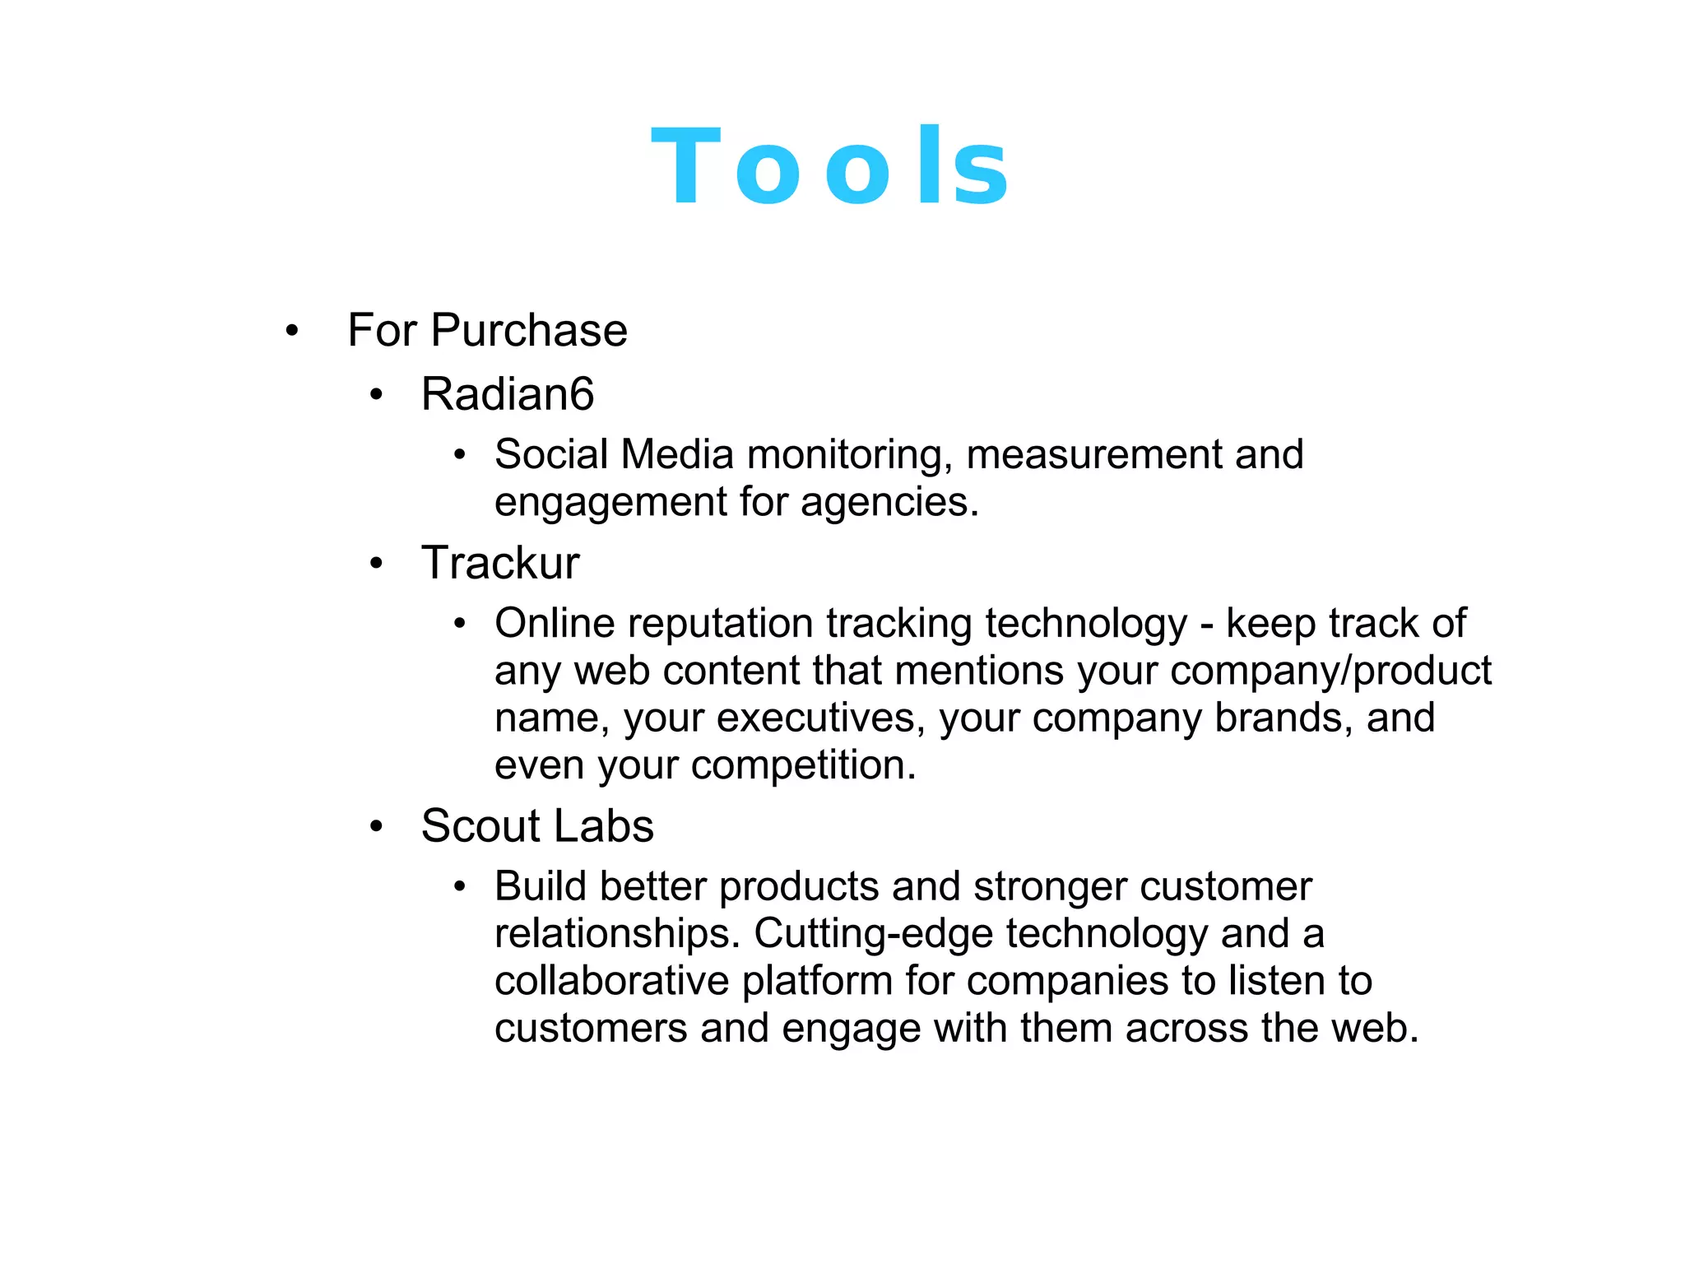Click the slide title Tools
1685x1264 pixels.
pos(829,167)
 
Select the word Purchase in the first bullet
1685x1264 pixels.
pos(529,331)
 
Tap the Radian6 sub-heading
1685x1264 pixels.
pos(507,394)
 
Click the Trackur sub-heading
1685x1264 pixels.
pos(500,564)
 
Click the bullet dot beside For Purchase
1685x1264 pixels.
pos(291,332)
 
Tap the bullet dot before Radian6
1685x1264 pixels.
pos(376,396)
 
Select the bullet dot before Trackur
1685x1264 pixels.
pos(376,565)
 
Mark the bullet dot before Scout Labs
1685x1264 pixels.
pos(376,827)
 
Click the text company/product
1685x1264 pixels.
pos(1330,671)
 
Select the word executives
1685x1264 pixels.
pos(815,718)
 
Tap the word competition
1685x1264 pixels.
pos(803,766)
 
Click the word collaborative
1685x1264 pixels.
pos(611,982)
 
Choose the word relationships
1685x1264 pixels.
pos(618,934)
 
